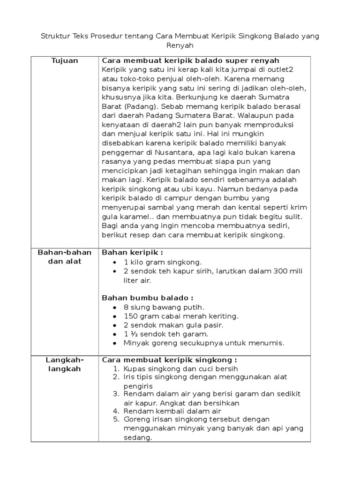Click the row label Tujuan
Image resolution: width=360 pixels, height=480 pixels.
click(65, 61)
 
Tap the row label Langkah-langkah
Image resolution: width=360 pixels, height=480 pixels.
click(65, 364)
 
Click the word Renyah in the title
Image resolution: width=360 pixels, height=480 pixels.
click(180, 45)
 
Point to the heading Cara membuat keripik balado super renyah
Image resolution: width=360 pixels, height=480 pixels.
click(191, 61)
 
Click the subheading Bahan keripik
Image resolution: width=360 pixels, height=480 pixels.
click(132, 253)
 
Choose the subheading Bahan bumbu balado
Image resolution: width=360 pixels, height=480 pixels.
click(147, 298)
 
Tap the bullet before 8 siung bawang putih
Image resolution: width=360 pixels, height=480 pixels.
click(115, 307)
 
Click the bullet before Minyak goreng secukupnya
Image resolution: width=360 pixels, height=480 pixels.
click(115, 344)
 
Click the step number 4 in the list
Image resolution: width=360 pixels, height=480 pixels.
click(117, 411)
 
